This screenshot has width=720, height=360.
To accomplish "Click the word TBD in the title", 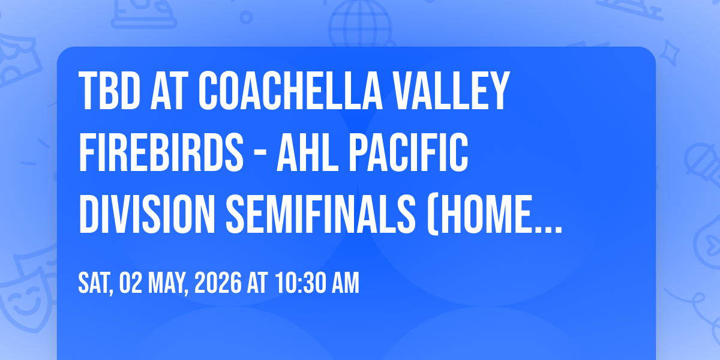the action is [109, 91].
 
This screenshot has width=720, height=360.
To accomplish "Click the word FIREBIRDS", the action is [161, 152].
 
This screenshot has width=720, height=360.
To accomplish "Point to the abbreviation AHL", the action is [308, 152].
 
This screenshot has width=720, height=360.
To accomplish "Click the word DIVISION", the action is [147, 214].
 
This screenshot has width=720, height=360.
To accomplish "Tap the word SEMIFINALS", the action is [321, 214].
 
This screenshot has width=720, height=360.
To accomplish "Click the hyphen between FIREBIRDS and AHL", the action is [260, 154].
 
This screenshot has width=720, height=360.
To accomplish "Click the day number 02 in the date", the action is [131, 283].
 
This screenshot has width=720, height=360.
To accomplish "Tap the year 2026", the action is [218, 283].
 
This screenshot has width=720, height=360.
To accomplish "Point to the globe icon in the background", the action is [360, 24].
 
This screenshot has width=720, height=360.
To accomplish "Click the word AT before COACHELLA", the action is [169, 91].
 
